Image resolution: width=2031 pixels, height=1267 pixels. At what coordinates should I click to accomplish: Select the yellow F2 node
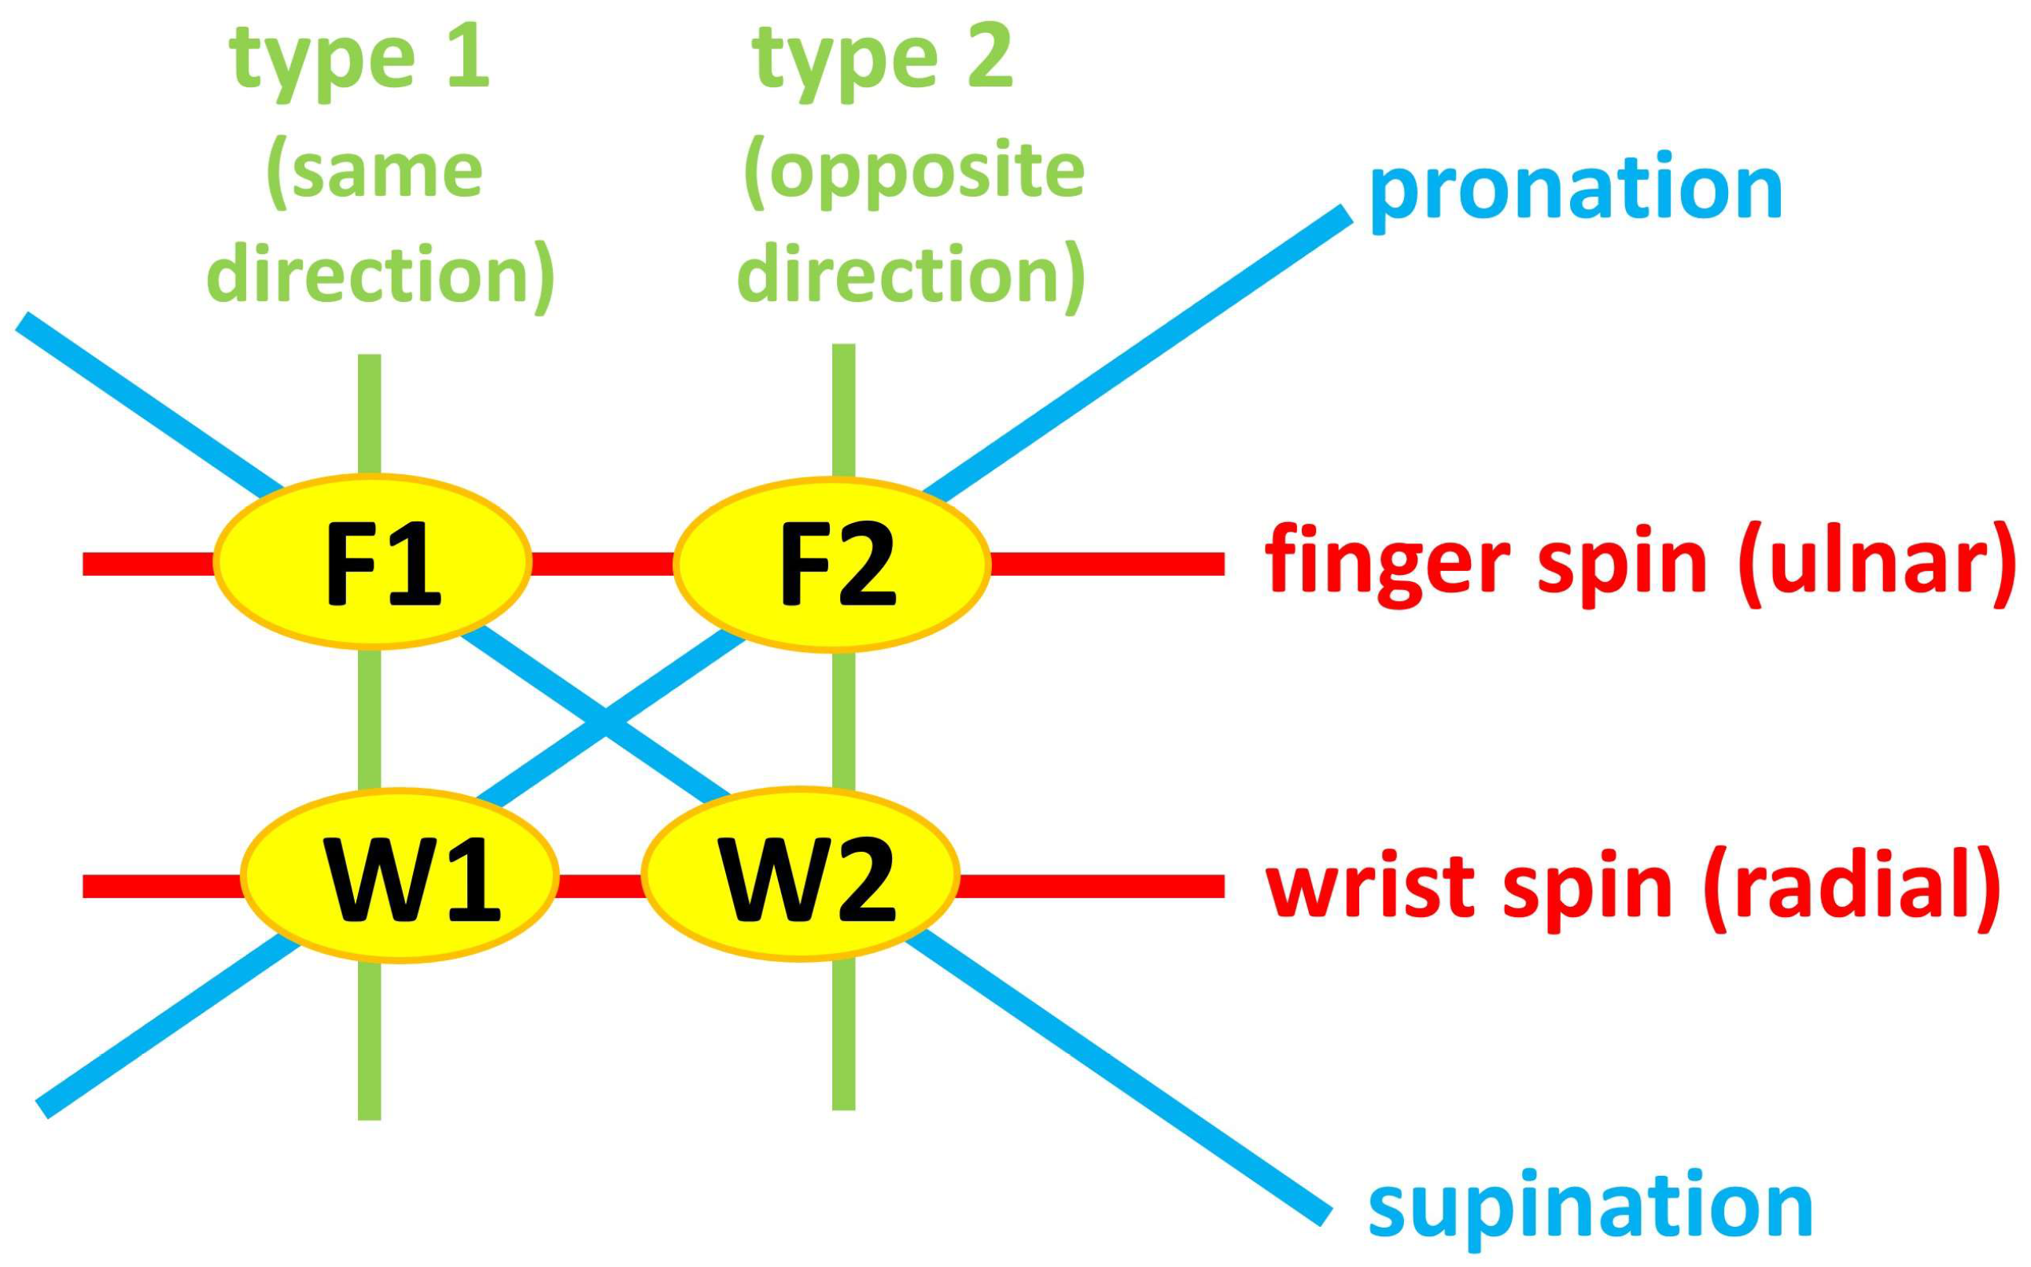coord(832,564)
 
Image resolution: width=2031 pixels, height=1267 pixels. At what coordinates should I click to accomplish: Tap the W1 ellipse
coord(400,875)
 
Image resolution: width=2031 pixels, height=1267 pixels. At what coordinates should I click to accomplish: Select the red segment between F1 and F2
coord(603,564)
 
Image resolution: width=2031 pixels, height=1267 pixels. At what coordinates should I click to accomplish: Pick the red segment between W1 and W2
coord(599,886)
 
